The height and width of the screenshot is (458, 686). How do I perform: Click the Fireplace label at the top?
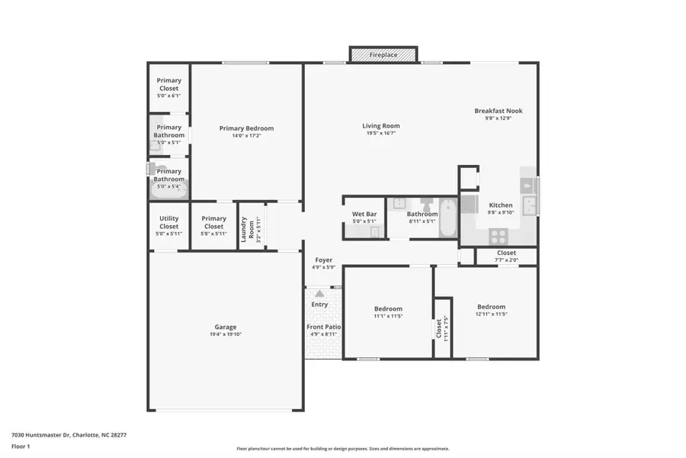pos(383,56)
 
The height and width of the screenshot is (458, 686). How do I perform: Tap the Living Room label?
pos(380,126)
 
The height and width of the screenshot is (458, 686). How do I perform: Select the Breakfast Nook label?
pos(498,111)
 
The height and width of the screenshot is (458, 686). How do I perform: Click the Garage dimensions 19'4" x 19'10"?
pos(225,334)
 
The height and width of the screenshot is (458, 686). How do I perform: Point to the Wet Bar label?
pos(364,214)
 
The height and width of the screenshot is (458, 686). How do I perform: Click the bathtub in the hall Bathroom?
pos(447,218)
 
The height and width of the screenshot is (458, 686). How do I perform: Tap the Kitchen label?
pos(501,205)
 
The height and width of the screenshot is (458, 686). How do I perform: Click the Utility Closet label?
pos(168,223)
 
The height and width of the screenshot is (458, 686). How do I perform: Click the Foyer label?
pos(323,260)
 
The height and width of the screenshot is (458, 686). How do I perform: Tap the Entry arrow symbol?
pos(319,293)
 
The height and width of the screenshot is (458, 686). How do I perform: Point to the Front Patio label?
pos(324,327)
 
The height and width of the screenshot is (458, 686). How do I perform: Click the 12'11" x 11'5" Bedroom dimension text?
pos(491,314)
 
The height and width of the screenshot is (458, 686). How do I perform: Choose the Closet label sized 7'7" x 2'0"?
pos(506,253)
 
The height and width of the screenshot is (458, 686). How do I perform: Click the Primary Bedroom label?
pos(246,128)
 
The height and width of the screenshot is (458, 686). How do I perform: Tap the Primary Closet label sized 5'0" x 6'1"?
pos(168,84)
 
